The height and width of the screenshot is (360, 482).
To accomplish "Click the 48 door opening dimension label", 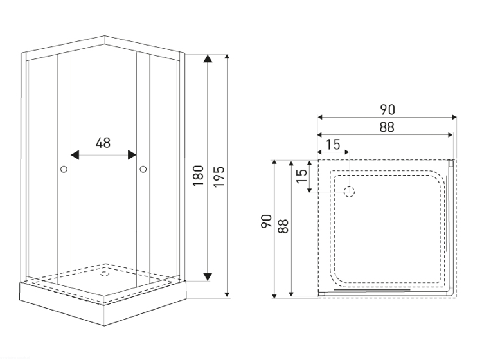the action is [x=103, y=143].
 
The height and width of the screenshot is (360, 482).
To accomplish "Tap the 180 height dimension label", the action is [x=199, y=175].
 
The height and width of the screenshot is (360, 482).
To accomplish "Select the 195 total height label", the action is [x=219, y=177].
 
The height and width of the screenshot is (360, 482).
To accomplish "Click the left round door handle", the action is [x=64, y=169].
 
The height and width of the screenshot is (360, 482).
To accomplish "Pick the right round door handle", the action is [x=143, y=169].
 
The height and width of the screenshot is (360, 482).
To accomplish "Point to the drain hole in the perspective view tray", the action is [x=105, y=273].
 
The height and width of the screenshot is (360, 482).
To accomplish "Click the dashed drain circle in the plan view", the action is [x=350, y=192].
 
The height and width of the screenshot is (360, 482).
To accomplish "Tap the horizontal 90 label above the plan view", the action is [x=388, y=110].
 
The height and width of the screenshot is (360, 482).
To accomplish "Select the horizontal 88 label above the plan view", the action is [x=387, y=127].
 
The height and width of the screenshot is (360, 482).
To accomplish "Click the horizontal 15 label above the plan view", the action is [x=333, y=145].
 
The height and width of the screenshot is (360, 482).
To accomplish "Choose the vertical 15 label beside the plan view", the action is [x=301, y=176].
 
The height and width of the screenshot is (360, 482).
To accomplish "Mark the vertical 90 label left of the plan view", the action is [x=266, y=221].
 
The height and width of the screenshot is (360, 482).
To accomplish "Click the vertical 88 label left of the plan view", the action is [x=283, y=226].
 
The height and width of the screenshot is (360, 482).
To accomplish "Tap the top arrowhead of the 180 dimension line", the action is [x=208, y=59].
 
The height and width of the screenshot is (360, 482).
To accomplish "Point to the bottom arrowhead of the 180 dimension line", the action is [x=208, y=276].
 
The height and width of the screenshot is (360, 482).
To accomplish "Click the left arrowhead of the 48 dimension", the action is [x=75, y=155].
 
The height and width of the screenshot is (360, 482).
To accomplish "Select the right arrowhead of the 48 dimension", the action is [x=132, y=155].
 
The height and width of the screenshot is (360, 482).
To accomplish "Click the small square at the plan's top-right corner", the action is [x=451, y=163].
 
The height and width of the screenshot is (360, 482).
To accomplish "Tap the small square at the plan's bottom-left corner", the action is [x=321, y=294].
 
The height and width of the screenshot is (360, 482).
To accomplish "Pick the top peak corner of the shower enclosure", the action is [x=105, y=36].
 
